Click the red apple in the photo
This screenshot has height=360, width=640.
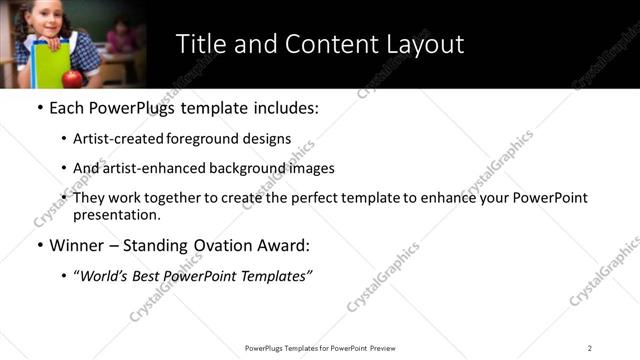coord(71,79)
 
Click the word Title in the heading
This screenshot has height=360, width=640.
coord(200,44)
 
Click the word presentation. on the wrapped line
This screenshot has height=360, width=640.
coord(116,215)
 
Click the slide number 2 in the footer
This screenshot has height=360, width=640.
coord(590,348)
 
